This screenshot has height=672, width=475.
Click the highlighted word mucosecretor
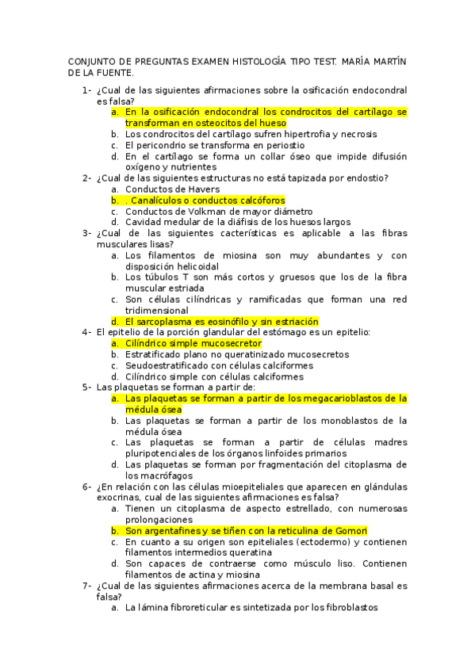227,344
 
